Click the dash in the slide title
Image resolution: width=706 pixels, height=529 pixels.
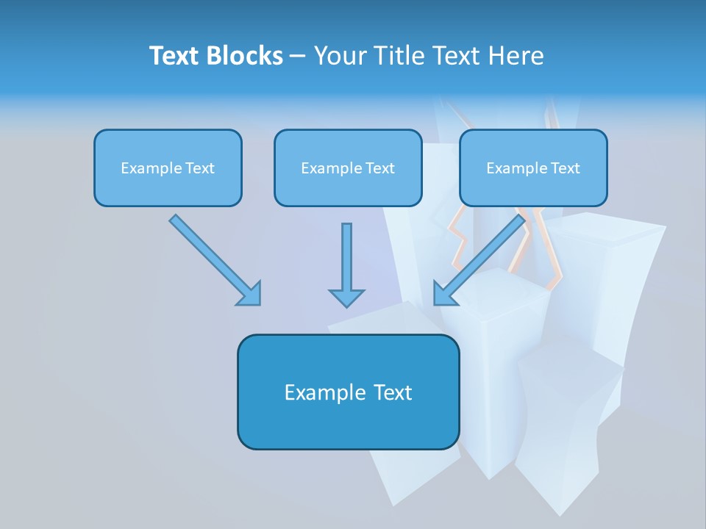click(x=298, y=56)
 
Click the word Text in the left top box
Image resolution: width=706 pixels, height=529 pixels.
click(x=199, y=168)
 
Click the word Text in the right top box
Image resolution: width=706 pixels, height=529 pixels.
click(x=565, y=168)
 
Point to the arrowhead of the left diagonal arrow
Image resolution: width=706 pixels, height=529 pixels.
click(x=250, y=294)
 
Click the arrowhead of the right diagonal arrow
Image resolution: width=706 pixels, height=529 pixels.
click(x=443, y=294)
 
